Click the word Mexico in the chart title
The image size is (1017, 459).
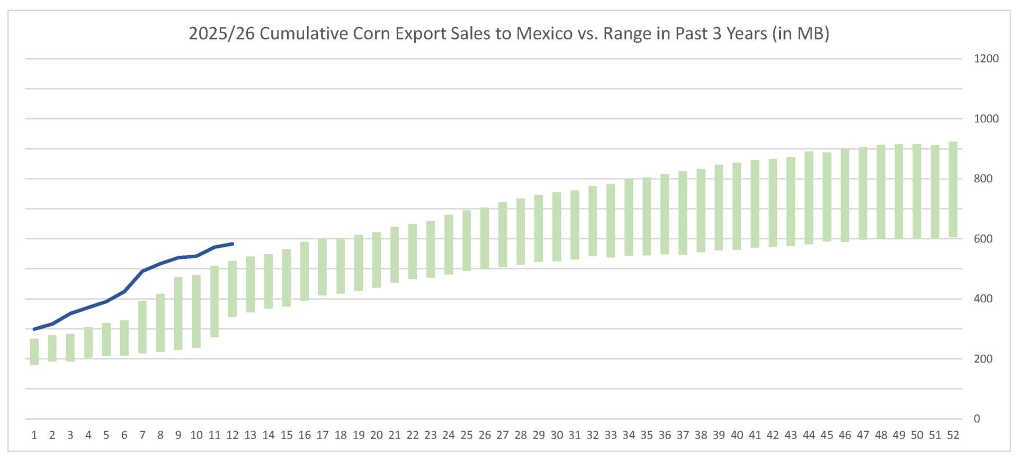544,33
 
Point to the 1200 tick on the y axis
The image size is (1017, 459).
986,59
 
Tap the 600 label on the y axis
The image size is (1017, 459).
983,239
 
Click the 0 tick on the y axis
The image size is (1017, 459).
977,419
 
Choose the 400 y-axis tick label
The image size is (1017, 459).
983,299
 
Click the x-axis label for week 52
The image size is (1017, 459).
953,435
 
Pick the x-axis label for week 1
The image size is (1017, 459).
34,435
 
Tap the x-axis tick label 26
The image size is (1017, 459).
485,435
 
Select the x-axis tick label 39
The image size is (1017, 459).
719,435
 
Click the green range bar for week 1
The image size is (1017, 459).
34,352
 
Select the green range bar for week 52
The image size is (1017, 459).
953,190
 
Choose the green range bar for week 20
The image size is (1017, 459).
377,260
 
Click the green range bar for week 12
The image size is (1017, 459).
233,289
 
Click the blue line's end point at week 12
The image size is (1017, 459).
233,244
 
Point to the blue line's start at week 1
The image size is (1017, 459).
34,329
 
